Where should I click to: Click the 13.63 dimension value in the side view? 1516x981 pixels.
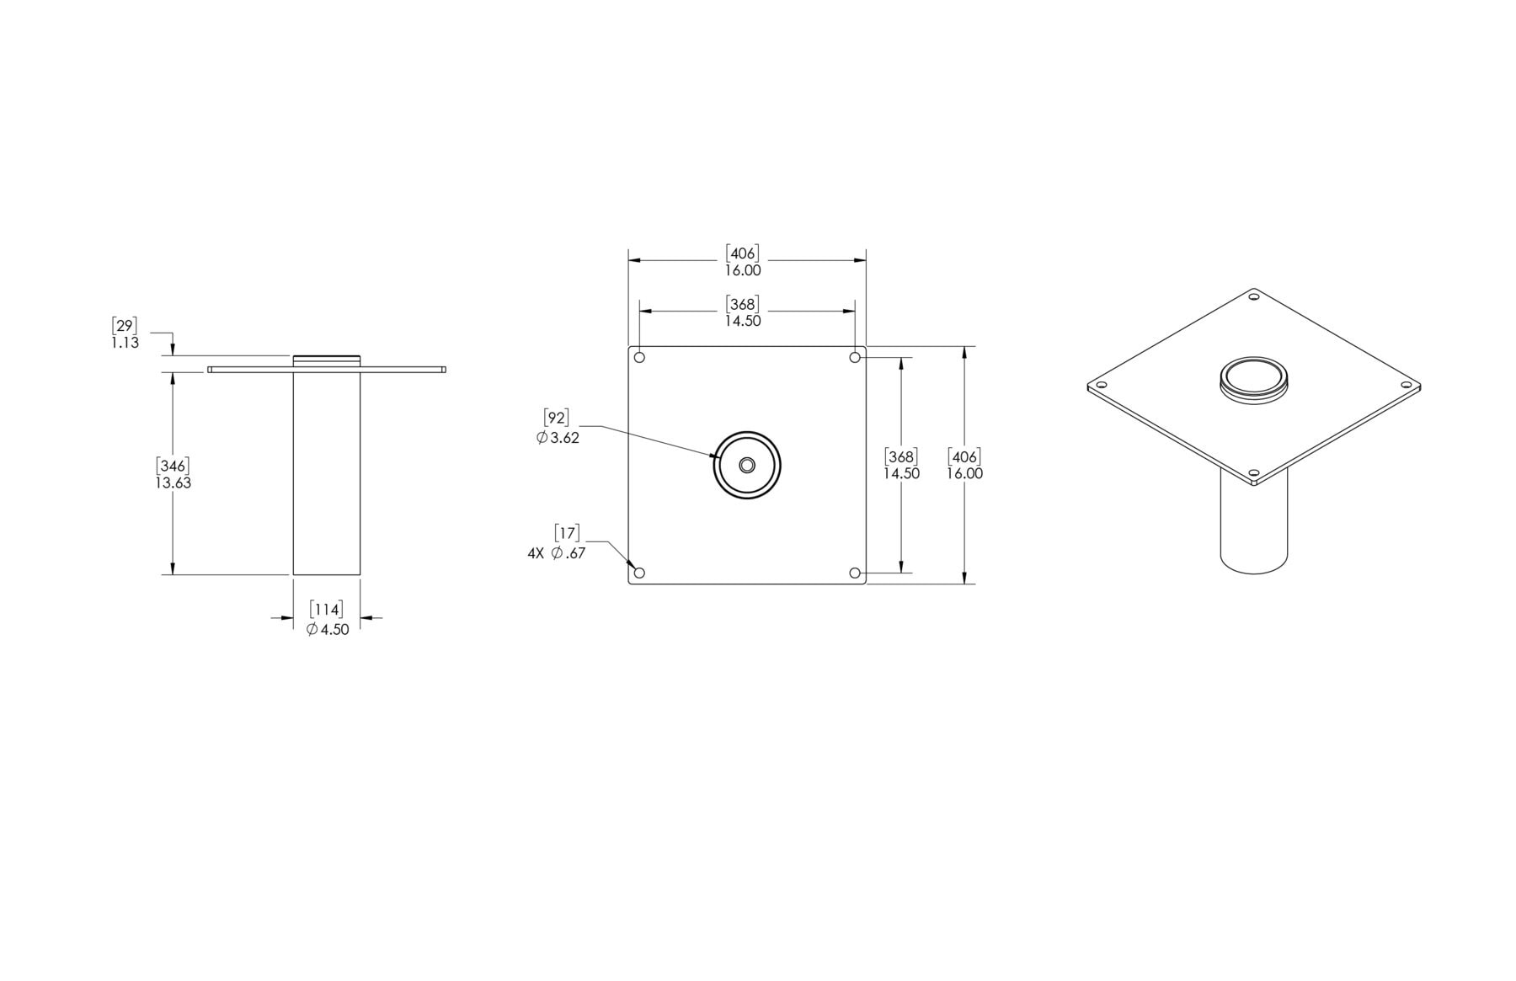click(173, 483)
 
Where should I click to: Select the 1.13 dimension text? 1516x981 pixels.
click(125, 343)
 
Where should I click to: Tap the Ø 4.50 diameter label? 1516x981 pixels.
click(328, 629)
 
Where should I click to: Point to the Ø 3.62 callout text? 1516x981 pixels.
click(558, 438)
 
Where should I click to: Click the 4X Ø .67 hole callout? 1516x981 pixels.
click(556, 553)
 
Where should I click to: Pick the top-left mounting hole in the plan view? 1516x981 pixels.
click(639, 358)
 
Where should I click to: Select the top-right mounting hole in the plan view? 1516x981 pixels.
click(855, 358)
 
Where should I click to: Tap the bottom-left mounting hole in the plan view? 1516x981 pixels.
click(639, 573)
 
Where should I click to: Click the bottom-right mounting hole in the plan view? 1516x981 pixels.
click(855, 573)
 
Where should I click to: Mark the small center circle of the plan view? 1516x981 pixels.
click(747, 466)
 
